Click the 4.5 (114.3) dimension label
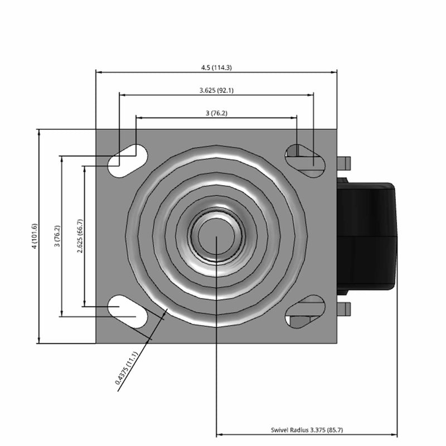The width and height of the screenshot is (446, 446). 216,67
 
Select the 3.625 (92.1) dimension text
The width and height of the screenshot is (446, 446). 216,90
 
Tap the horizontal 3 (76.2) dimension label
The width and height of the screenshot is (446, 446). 216,113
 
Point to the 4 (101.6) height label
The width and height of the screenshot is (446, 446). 35,236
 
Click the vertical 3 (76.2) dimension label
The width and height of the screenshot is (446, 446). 57,236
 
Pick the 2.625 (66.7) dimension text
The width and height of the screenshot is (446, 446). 80,236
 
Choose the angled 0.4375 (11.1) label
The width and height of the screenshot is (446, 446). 127,368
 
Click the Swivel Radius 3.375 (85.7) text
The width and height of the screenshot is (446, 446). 307,430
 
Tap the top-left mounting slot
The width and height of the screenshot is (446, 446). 128,161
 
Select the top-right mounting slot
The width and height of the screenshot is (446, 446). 306,161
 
